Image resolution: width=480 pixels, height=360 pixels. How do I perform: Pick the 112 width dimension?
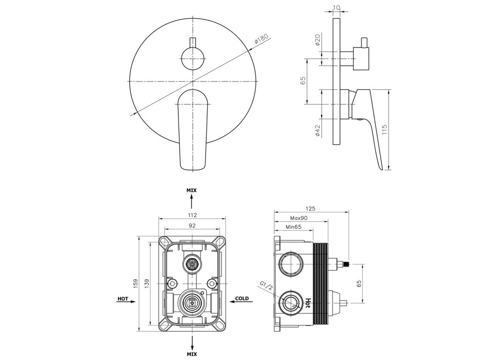(192, 215)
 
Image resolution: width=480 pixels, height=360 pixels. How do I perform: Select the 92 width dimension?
(192, 225)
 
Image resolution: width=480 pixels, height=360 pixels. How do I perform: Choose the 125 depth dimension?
(309, 208)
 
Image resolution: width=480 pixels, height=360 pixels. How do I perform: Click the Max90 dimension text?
(299, 218)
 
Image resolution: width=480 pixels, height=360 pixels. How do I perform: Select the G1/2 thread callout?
(266, 285)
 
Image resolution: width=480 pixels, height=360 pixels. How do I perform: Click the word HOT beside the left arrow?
(123, 299)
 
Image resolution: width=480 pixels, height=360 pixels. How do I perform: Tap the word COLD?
(242, 299)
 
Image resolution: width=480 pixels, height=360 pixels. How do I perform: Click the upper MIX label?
(192, 191)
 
